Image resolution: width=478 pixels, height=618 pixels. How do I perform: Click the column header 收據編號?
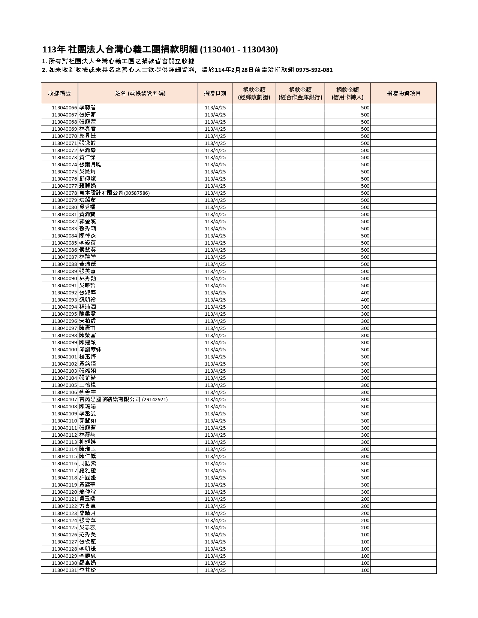pyautogui.click(x=59, y=93)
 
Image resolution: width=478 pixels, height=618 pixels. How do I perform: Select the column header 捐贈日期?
pyautogui.click(x=215, y=93)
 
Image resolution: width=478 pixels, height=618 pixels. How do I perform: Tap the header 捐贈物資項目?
pyautogui.click(x=403, y=93)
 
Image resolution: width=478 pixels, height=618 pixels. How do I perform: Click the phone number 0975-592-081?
pyautogui.click(x=314, y=70)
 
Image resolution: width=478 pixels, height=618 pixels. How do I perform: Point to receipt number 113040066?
pyautogui.click(x=64, y=108)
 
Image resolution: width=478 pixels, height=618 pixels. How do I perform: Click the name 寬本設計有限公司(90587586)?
pyautogui.click(x=114, y=193)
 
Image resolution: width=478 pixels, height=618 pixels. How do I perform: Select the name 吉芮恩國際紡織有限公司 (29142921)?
pyautogui.click(x=123, y=400)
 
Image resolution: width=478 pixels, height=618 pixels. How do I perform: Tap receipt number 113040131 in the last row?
pyautogui.click(x=64, y=570)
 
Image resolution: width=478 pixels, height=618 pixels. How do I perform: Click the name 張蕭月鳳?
pyautogui.click(x=90, y=165)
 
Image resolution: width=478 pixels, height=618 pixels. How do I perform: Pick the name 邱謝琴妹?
pyautogui.click(x=90, y=350)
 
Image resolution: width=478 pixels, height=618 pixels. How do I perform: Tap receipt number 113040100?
pyautogui.click(x=64, y=350)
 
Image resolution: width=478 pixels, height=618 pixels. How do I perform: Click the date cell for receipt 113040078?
pyautogui.click(x=215, y=193)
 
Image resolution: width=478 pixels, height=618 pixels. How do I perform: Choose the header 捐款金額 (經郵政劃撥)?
pyautogui.click(x=254, y=93)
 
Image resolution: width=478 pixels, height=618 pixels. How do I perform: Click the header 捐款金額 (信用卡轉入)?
pyautogui.click(x=348, y=93)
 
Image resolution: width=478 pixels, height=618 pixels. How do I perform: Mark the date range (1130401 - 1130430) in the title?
pyautogui.click(x=239, y=50)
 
